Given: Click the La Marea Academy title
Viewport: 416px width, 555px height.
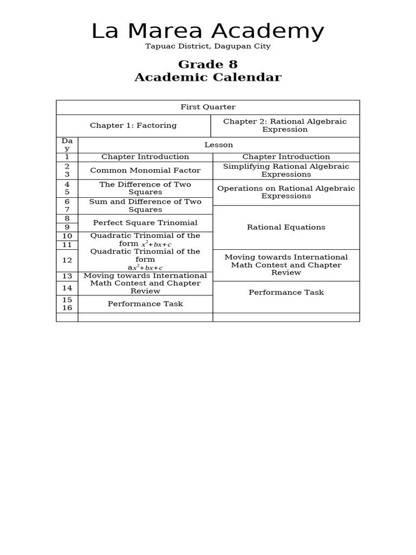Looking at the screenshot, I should [207, 31].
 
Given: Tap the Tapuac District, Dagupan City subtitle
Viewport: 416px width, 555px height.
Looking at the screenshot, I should [207, 47].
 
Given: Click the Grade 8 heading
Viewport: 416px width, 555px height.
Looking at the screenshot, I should [207, 65].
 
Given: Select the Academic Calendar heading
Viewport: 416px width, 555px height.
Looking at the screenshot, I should [207, 78].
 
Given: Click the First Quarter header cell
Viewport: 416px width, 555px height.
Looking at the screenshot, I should [207, 107].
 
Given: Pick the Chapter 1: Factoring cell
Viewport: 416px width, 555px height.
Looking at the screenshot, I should [133, 126].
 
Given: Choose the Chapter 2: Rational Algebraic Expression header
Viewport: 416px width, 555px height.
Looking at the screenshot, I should [285, 126].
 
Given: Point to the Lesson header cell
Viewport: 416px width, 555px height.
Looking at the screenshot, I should [218, 145].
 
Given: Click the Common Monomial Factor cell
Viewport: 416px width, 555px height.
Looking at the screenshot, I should [145, 171].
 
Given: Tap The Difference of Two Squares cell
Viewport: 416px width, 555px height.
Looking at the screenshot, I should [145, 189].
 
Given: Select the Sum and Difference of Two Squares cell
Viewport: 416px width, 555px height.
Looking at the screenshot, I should [145, 206].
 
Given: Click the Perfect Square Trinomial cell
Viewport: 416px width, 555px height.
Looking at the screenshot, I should [145, 223].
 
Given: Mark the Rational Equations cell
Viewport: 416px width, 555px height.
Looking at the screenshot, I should [286, 228].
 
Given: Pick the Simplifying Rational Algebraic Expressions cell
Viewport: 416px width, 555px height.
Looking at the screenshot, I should [286, 171].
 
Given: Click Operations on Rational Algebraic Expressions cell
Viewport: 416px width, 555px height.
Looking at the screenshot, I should [286, 192].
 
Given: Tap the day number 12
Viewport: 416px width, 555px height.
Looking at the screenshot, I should [67, 261].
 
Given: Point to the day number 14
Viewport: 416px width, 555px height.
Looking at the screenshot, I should [67, 288].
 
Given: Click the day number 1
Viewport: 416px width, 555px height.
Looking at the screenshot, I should [67, 157].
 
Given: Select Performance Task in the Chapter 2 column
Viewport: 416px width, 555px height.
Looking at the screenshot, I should [286, 293].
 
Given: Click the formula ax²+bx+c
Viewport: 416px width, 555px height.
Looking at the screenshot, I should [145, 268].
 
